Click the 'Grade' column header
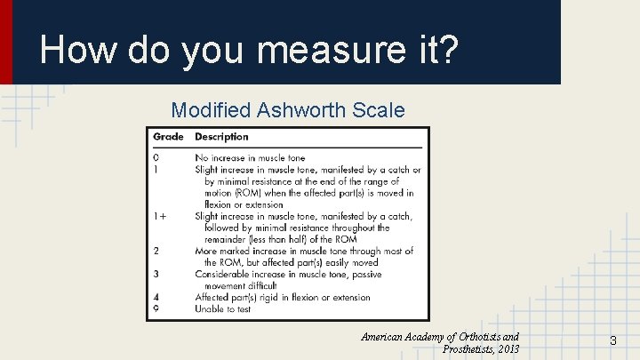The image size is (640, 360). (168, 137)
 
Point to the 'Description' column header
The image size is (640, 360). (221, 137)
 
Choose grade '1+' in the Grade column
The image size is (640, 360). (160, 216)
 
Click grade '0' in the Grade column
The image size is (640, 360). (156, 157)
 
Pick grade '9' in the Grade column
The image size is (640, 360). (156, 309)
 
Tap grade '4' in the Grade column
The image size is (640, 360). (156, 298)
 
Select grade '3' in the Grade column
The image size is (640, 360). (156, 275)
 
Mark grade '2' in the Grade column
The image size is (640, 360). (156, 251)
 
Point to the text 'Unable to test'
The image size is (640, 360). (222, 309)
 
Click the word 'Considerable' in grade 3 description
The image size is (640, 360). (222, 275)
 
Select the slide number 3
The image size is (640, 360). (612, 340)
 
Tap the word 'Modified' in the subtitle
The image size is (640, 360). (210, 110)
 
